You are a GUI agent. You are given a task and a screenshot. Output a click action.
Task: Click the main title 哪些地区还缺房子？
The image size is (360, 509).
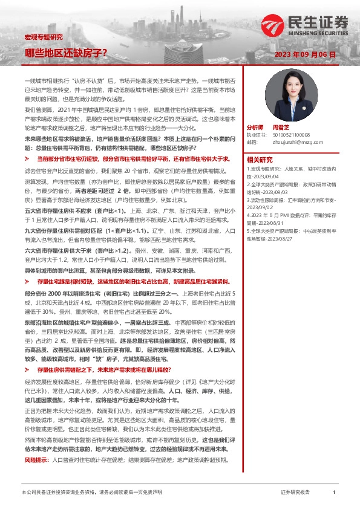tap(66, 53)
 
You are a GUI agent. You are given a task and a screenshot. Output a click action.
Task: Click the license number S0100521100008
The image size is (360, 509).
tap(292, 135)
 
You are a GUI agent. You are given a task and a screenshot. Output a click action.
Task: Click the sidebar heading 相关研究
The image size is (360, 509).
tap(260, 158)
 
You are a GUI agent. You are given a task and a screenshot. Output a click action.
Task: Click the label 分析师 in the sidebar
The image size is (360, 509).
tap(255, 128)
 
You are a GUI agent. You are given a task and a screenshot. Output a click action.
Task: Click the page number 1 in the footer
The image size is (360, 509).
tap(334, 493)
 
